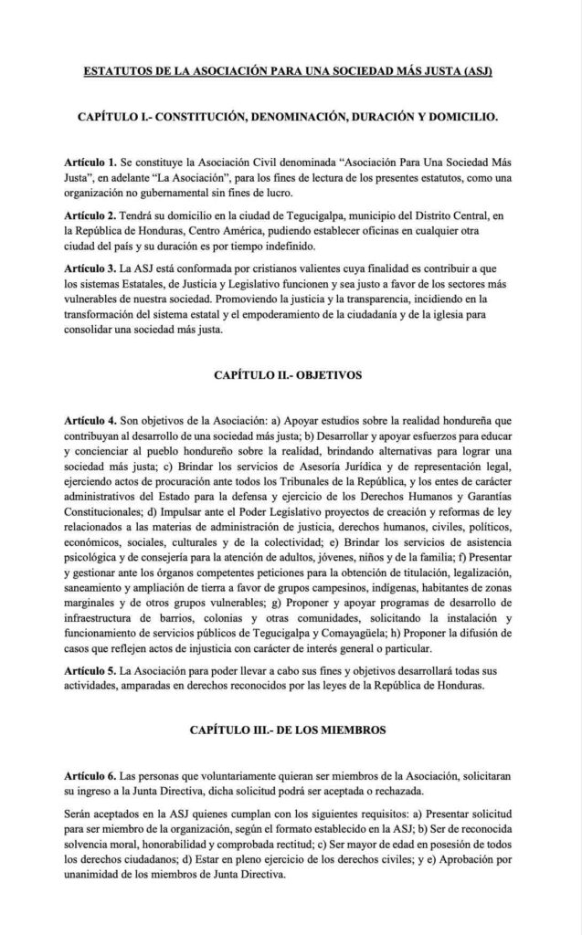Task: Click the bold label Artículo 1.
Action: [93, 161]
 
